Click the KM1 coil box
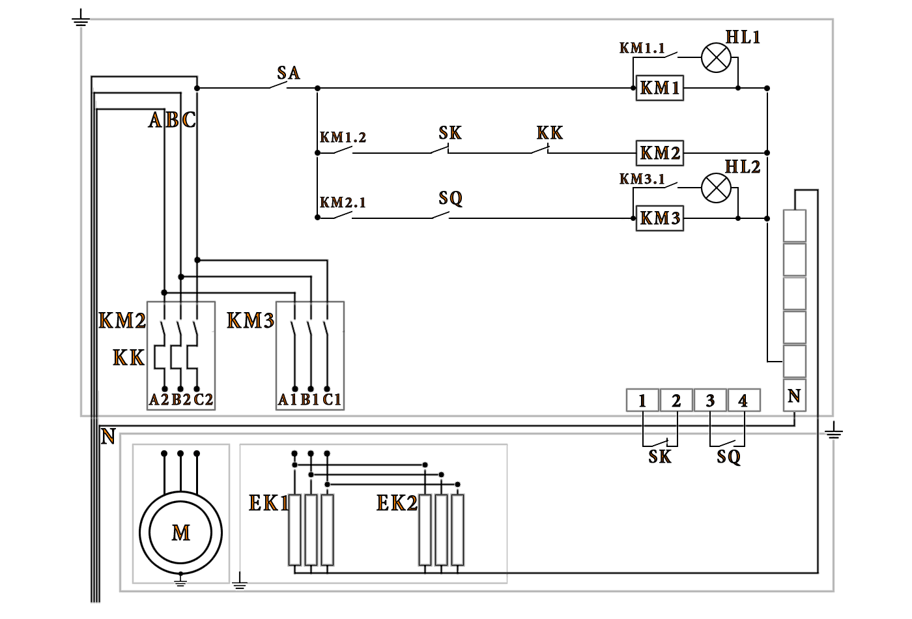[659, 88]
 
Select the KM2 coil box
[659, 153]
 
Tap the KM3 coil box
[659, 218]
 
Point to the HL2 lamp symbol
[716, 188]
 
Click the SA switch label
[288, 73]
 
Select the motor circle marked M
[180, 533]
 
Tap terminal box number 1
[642, 401]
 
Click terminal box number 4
[743, 401]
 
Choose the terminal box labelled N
[794, 396]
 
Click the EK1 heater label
[268, 503]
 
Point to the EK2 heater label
[396, 503]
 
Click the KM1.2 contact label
[343, 138]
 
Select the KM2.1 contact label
[343, 203]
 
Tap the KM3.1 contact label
[642, 179]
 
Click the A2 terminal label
[158, 399]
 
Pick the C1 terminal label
[332, 399]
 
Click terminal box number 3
[710, 401]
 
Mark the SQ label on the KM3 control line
[450, 198]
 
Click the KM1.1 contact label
[642, 48]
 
